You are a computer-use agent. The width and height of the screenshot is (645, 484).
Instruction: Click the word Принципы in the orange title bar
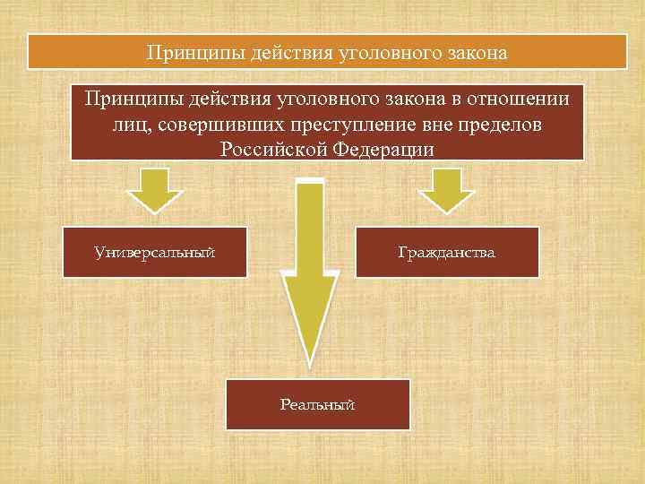pos(185,54)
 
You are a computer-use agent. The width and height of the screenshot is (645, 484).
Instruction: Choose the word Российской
pos(274,148)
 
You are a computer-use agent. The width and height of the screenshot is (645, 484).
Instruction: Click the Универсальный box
pos(155,253)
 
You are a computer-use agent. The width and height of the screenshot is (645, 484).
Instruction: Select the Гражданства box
pos(447,253)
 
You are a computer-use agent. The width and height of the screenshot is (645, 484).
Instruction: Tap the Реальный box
pos(317,405)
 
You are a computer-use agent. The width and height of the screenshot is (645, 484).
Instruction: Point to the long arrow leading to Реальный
pos(309,269)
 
